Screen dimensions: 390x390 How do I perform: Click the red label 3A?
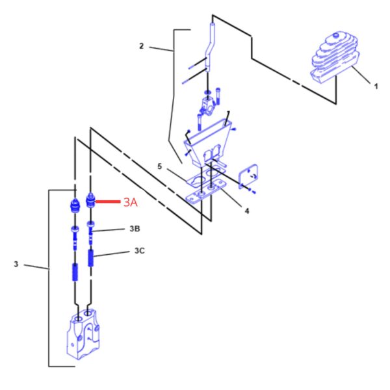pyautogui.click(x=131, y=202)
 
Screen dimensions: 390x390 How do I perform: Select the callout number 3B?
pyautogui.click(x=135, y=229)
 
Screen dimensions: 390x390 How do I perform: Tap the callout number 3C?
pyautogui.click(x=140, y=251)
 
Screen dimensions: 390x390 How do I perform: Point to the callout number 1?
pyautogui.click(x=376, y=86)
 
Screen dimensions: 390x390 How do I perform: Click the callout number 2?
pyautogui.click(x=141, y=46)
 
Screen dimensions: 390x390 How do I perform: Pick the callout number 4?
pyautogui.click(x=247, y=211)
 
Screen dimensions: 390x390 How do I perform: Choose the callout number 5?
pyautogui.click(x=160, y=166)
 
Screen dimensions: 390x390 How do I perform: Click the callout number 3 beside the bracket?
pyautogui.click(x=16, y=264)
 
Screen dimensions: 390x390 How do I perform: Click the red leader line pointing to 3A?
pyautogui.click(x=108, y=201)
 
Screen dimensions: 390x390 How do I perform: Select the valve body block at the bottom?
pyautogui.click(x=83, y=335)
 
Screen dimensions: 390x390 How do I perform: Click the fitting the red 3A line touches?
pyautogui.click(x=90, y=201)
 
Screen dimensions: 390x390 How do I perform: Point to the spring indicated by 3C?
pyautogui.click(x=91, y=258)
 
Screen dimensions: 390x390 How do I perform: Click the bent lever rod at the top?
pyautogui.click(x=209, y=47)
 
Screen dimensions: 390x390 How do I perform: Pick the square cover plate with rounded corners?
pyautogui.click(x=248, y=176)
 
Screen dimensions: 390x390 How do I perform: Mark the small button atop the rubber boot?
pyautogui.click(x=336, y=35)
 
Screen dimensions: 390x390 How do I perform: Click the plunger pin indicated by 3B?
pyautogui.click(x=90, y=232)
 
